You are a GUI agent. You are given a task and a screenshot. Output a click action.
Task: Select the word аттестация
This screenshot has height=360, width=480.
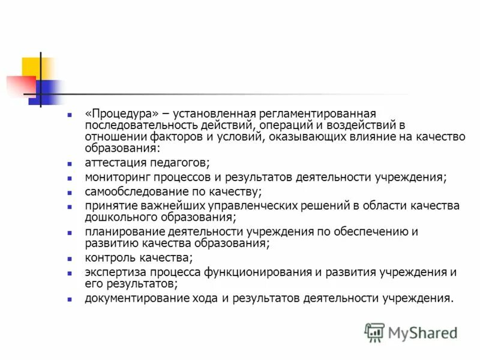click(x=114, y=163)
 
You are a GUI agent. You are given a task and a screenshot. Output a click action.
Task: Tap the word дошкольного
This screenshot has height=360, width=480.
click(x=116, y=217)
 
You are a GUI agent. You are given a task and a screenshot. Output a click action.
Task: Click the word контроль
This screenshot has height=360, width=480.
click(x=107, y=258)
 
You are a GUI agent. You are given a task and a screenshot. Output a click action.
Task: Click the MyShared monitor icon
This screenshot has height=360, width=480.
click(x=374, y=332)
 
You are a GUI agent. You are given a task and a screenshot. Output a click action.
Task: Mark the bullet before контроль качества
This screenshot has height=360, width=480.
click(x=70, y=259)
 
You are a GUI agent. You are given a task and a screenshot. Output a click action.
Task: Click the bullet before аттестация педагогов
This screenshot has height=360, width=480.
click(x=70, y=164)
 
